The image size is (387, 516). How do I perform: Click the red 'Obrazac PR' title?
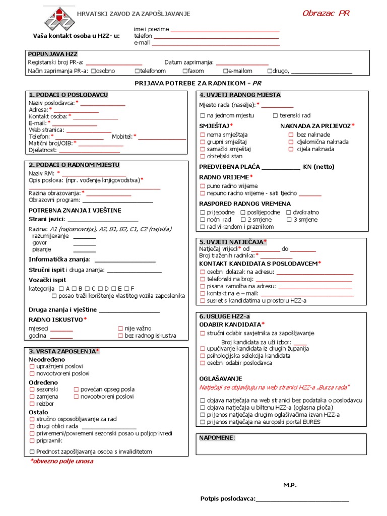[326, 14]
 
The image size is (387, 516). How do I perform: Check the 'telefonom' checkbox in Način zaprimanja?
[137, 71]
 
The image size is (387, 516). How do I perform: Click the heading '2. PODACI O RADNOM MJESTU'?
[74, 165]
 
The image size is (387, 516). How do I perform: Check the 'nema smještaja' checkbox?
[203, 135]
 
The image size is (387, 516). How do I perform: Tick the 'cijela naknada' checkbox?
[291, 149]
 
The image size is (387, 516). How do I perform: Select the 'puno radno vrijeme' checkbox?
[203, 186]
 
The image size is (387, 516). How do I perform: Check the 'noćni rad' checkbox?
[203, 220]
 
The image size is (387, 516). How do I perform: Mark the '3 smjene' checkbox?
[289, 220]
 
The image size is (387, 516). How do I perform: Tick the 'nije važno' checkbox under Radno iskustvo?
[120, 329]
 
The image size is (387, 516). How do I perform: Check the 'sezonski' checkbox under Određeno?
[32, 390]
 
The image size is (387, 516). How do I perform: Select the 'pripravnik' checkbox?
[32, 440]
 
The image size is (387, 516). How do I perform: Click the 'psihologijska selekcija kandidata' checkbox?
[203, 356]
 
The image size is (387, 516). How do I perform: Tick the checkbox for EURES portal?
[203, 422]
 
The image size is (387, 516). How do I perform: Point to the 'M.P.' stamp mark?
[290, 485]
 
